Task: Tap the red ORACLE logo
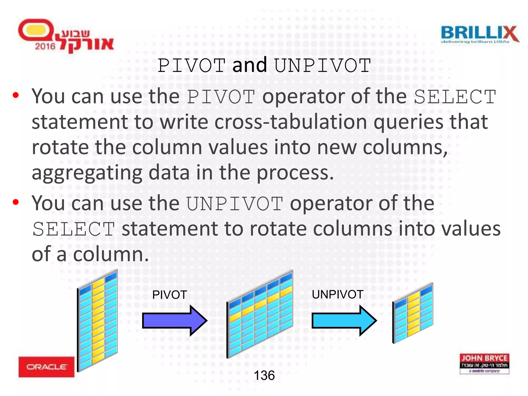46,367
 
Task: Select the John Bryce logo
484,364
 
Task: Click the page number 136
264,375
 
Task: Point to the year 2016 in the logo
45,46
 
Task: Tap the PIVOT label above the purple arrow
169,295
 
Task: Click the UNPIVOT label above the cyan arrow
337,294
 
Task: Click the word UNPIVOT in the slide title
322,65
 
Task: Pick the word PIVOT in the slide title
192,65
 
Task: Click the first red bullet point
16,95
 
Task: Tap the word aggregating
87,173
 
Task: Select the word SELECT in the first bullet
455,97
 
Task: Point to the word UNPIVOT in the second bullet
235,204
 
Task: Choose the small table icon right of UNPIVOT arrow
412,313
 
